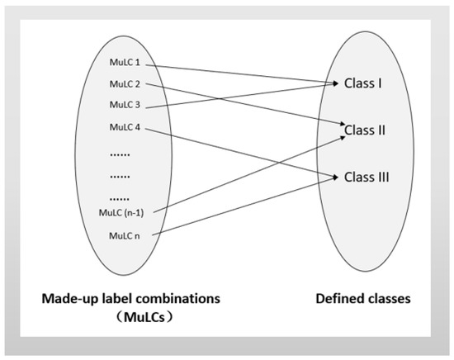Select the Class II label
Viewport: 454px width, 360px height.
(x=366, y=130)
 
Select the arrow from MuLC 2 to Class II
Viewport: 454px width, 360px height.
(x=248, y=106)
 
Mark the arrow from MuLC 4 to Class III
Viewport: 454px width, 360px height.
(x=239, y=153)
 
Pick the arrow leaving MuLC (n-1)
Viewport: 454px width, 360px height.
(x=248, y=172)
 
